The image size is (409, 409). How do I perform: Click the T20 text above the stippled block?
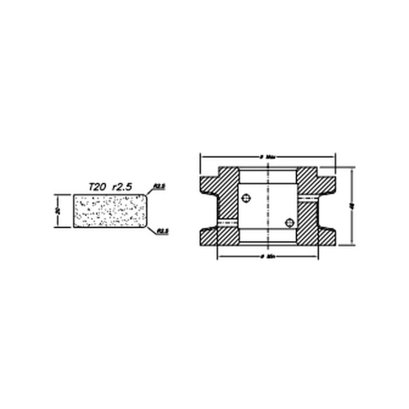tap(98, 187)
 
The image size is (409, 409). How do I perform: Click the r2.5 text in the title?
tap(123, 187)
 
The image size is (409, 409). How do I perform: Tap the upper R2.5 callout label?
tap(160, 186)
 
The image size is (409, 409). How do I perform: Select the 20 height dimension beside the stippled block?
tap(58, 211)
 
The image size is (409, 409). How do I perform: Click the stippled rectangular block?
tap(110, 211)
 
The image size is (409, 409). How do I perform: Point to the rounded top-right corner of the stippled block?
tap(145, 196)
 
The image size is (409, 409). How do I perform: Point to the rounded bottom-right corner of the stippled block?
tap(145, 226)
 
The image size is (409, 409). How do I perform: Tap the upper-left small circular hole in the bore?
tap(246, 198)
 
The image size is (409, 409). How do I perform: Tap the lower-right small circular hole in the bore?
tap(290, 222)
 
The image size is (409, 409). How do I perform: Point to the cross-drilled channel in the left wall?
tap(228, 222)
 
